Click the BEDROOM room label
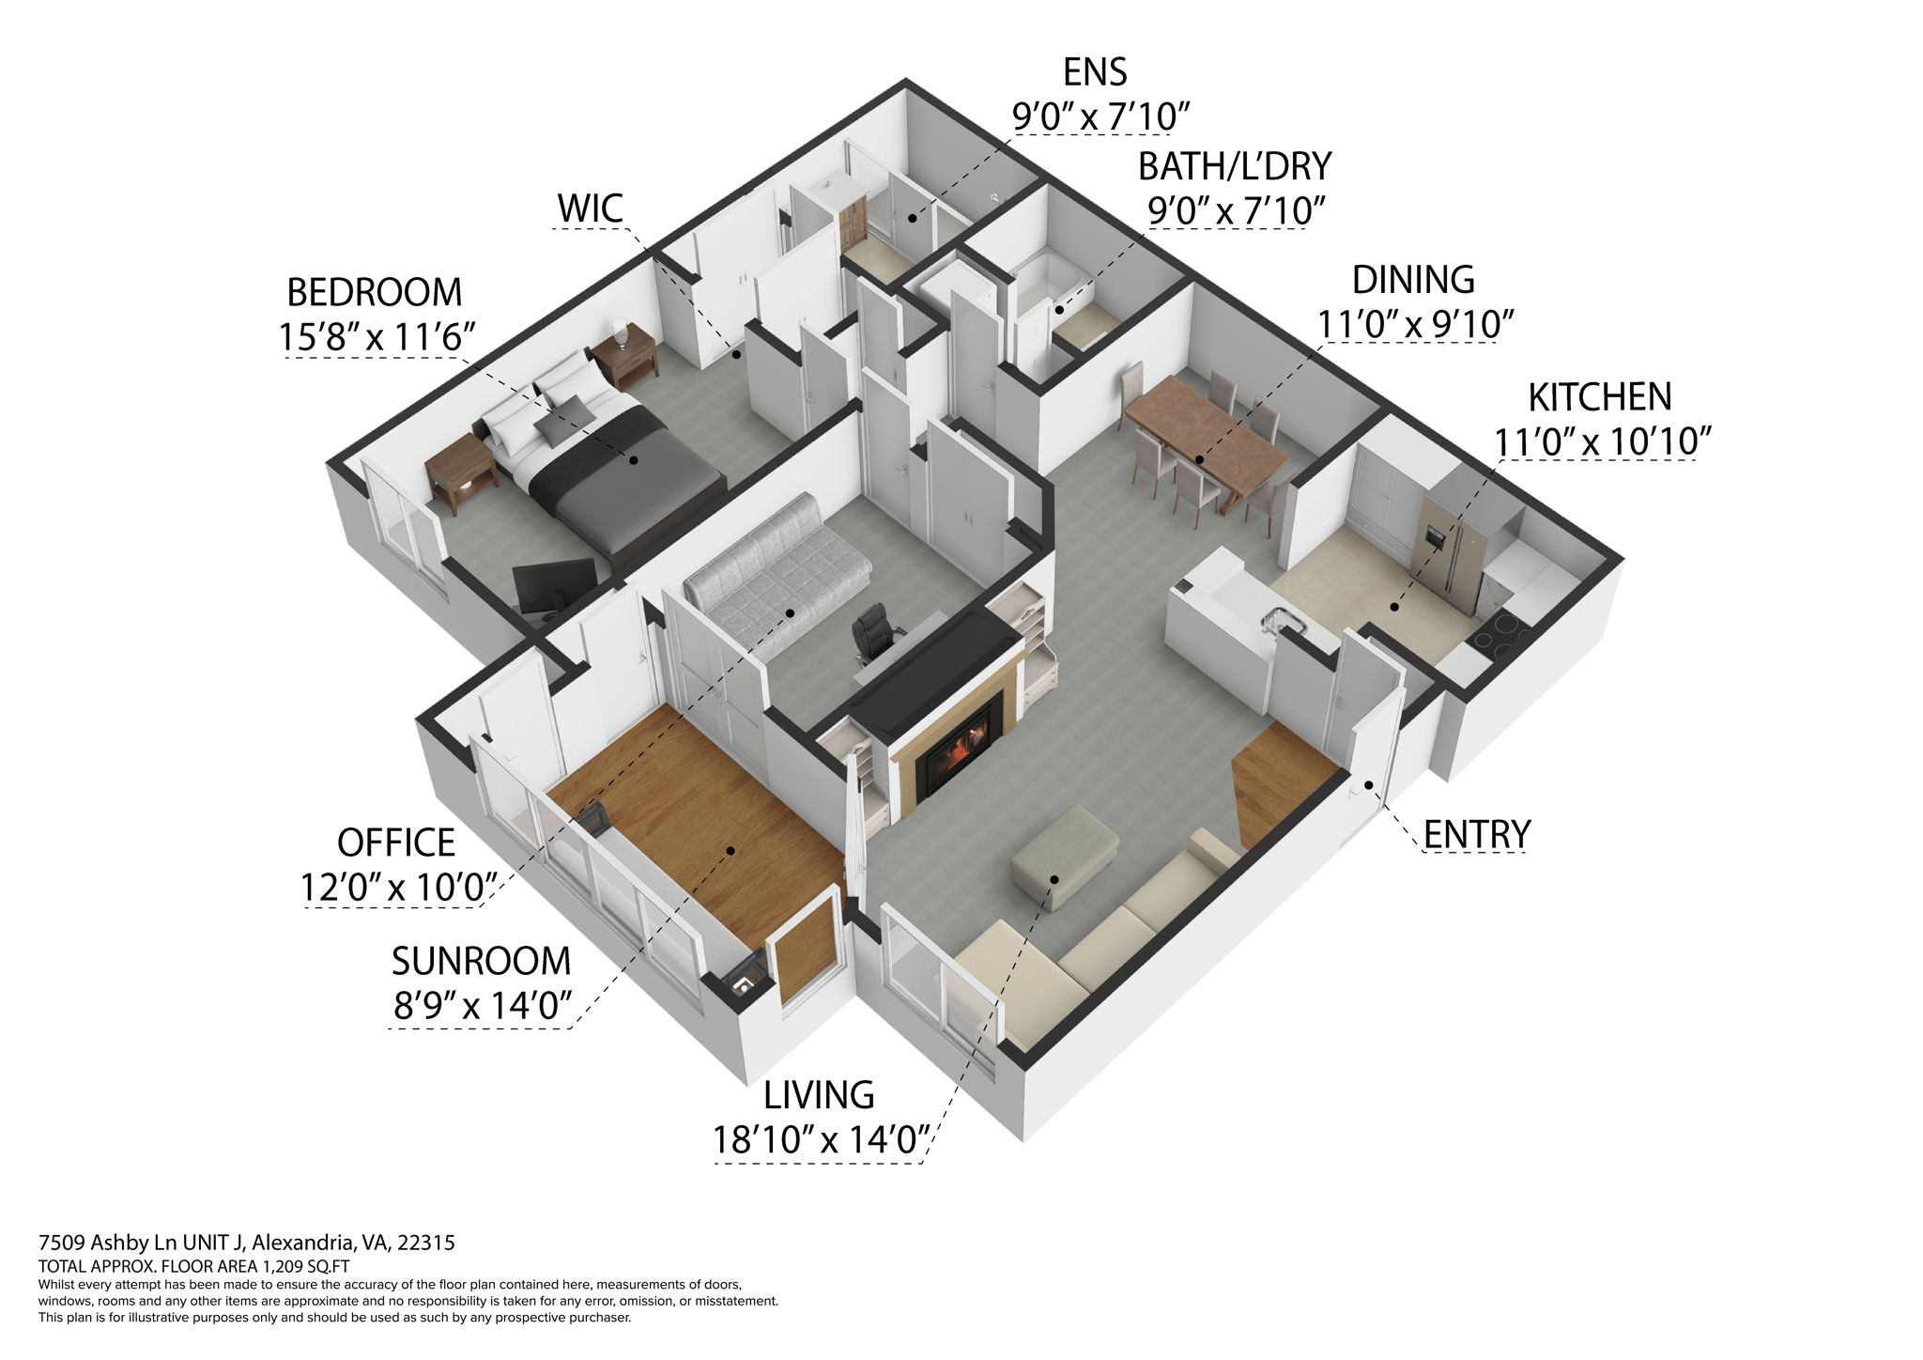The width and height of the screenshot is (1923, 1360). (374, 293)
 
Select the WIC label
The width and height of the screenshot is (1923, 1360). (590, 209)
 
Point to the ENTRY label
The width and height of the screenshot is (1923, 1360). (1476, 834)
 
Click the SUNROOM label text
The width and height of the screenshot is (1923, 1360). (481, 961)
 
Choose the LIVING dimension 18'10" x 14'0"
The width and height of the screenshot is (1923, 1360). (820, 1140)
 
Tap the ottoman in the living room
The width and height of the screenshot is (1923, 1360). (1065, 855)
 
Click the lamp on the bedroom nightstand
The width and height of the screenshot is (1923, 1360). (619, 331)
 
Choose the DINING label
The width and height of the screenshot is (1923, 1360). (1412, 280)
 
